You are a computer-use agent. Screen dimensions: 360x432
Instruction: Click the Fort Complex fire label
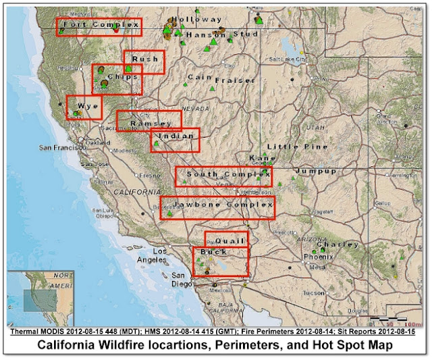coord(99,26)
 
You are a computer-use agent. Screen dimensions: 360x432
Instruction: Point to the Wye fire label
coord(88,107)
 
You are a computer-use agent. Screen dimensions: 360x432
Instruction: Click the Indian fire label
coord(176,136)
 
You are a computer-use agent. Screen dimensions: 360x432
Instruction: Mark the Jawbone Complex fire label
coord(222,204)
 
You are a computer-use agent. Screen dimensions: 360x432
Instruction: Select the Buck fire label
coord(213,253)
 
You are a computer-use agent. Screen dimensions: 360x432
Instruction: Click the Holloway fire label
coord(196,20)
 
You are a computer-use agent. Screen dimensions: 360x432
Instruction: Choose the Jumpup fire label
coord(315,172)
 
